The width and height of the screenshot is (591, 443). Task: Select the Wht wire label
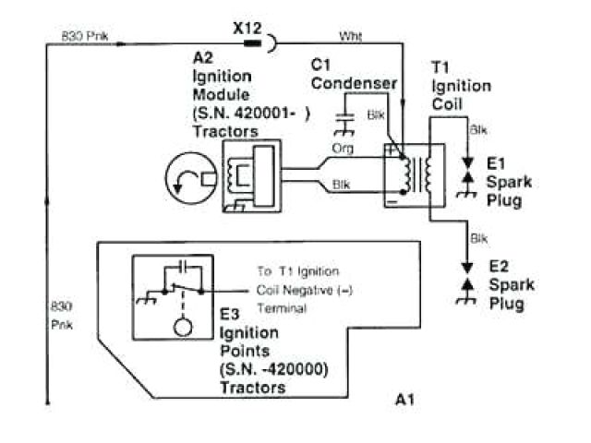(351, 36)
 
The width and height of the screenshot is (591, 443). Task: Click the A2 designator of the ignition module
(203, 58)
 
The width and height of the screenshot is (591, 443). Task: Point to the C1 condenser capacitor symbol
(348, 117)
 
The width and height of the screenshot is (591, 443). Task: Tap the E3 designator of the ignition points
(231, 315)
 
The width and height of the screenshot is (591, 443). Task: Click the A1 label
(404, 399)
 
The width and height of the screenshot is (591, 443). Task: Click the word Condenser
(354, 83)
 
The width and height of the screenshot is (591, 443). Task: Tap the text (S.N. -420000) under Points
(274, 369)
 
